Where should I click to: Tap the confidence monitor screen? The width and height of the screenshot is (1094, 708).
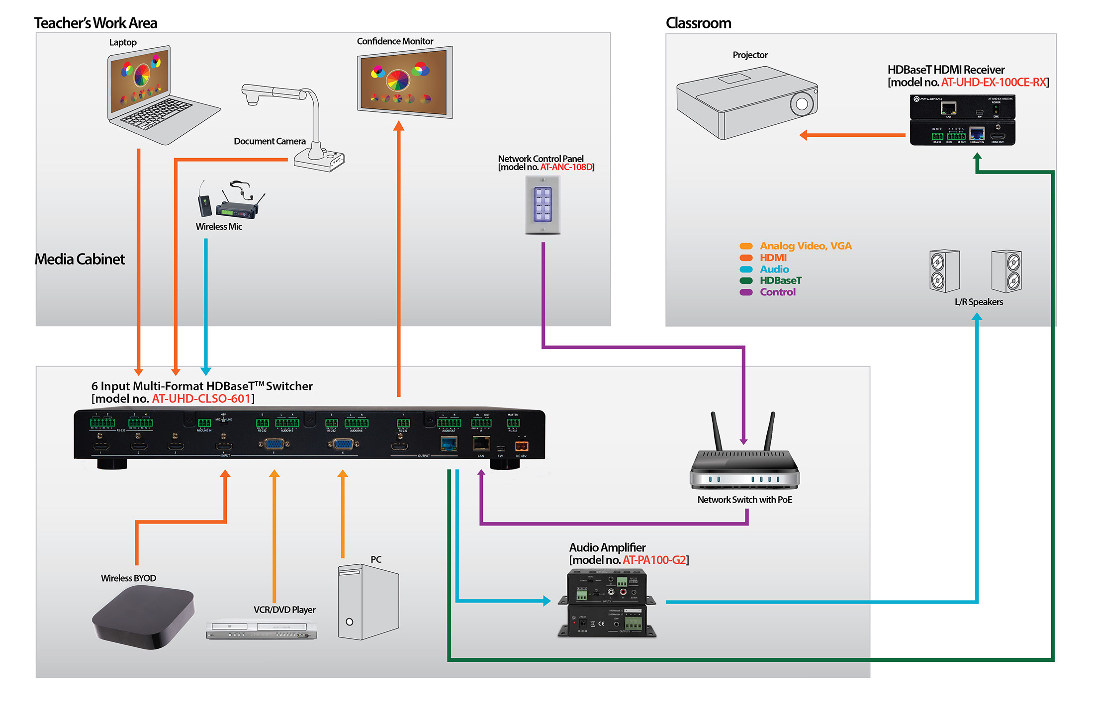click(404, 82)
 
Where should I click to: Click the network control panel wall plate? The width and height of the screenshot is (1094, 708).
click(543, 204)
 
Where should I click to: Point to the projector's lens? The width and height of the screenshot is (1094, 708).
click(802, 104)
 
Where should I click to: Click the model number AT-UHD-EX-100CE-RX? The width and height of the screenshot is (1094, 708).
click(994, 83)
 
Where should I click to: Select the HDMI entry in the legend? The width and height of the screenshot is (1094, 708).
click(773, 258)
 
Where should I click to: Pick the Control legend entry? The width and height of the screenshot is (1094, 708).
click(777, 292)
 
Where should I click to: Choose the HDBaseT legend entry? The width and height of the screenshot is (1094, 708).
click(780, 281)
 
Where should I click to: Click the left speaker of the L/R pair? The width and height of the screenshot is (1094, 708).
click(944, 271)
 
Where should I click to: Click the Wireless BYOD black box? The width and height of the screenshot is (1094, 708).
click(143, 617)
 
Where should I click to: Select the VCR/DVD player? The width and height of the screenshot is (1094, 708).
click(262, 629)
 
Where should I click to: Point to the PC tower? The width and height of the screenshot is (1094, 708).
click(368, 602)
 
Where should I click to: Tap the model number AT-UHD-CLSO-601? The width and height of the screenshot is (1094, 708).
click(201, 399)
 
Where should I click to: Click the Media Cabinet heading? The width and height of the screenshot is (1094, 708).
click(80, 259)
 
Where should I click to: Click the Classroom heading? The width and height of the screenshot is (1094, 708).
click(698, 23)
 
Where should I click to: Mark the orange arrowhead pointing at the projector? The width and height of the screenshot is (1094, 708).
click(804, 135)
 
